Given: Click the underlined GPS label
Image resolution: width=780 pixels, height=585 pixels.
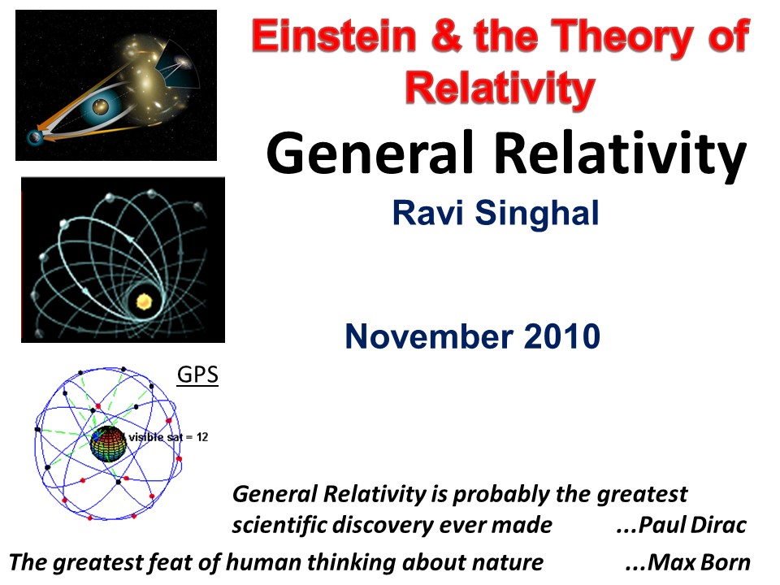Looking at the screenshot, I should [197, 375].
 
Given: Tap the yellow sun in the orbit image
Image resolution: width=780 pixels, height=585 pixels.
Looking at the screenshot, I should [145, 302].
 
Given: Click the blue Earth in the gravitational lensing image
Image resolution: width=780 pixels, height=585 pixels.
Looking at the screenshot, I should [35, 138].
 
